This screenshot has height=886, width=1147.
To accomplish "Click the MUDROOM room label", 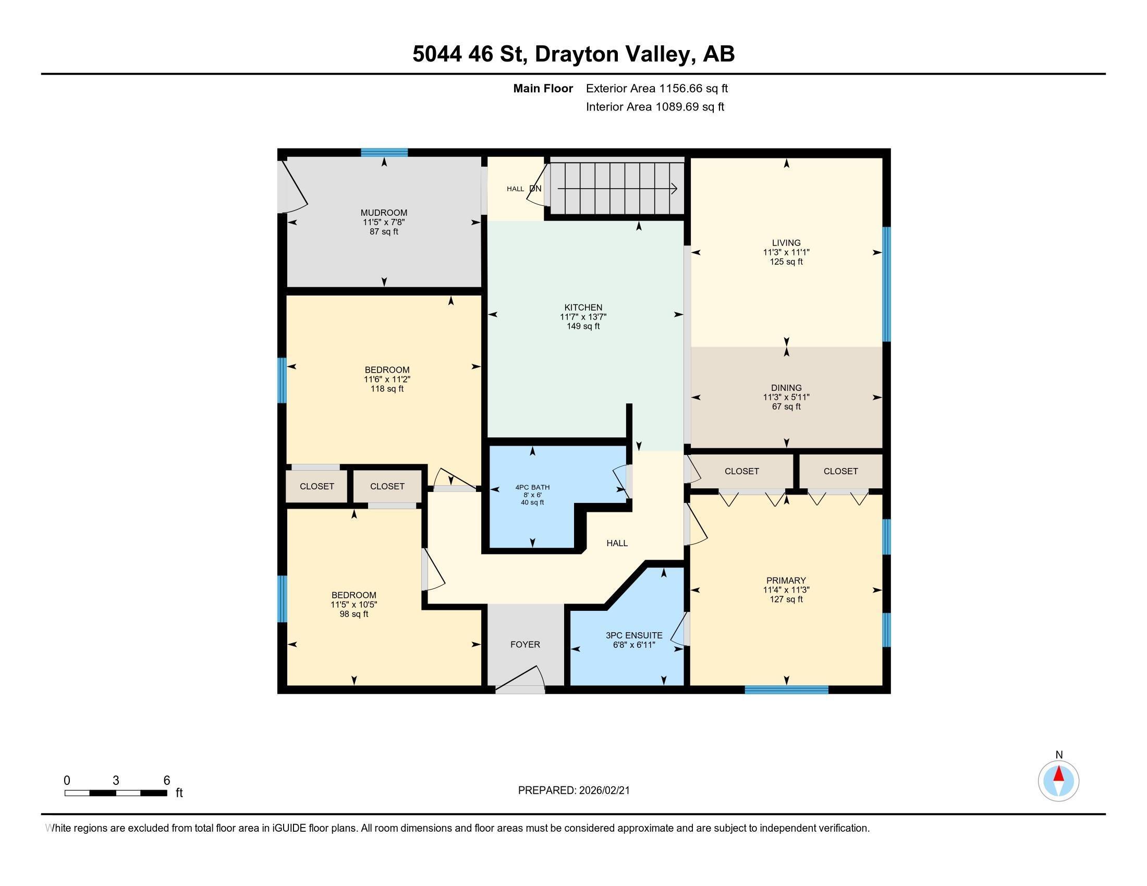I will [x=383, y=213].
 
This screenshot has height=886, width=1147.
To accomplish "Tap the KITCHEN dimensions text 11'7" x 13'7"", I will [x=583, y=317].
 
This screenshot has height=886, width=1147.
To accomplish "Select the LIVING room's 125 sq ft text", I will [x=786, y=262].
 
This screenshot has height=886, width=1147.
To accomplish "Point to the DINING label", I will [x=786, y=388].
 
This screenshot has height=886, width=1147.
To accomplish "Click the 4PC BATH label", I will [x=532, y=487].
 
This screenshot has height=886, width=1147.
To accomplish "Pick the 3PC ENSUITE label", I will [x=634, y=635].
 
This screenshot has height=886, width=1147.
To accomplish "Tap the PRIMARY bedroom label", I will [x=786, y=580].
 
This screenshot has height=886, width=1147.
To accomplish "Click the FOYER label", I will [x=524, y=645].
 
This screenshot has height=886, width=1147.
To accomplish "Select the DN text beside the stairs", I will [x=535, y=189].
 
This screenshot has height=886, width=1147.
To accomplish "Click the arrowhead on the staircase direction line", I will [x=674, y=189].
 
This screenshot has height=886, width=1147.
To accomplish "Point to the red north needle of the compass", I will [x=1059, y=774].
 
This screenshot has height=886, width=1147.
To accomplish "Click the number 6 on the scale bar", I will [x=166, y=781].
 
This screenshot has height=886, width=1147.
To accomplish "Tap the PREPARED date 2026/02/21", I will [x=604, y=791].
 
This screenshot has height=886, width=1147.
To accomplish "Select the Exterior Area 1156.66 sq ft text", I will [x=656, y=89].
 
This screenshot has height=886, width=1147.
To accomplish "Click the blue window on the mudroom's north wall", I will [x=384, y=153].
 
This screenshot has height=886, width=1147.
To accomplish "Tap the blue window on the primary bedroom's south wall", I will [x=786, y=690].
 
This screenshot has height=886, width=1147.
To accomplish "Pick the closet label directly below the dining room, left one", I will [x=741, y=471].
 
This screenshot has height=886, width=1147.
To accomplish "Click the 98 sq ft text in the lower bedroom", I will [x=353, y=614].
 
